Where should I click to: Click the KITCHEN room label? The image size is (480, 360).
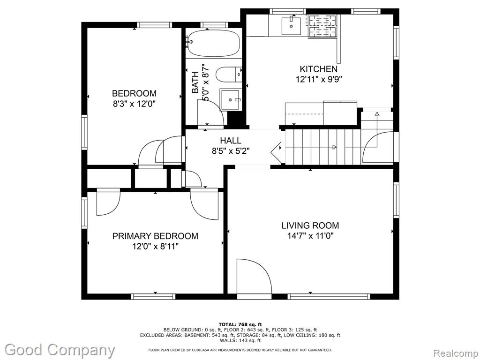point(318,69)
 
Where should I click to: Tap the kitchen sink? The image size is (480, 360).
point(291,26)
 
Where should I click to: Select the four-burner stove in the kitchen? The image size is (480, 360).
point(322,26)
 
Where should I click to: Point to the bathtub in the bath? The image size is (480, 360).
point(213,43)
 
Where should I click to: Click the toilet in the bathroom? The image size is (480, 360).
point(229,75)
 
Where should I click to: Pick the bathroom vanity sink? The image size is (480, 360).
point(231,100)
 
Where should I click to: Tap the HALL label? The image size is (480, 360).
point(231,141)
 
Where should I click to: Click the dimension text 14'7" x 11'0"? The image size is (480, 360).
point(310,236)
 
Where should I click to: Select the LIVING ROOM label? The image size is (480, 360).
point(310,225)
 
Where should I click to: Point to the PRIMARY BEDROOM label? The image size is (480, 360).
point(155,236)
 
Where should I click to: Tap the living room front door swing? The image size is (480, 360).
point(255,278)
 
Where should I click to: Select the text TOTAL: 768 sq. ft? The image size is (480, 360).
point(240,324)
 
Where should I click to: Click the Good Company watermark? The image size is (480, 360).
point(60,350)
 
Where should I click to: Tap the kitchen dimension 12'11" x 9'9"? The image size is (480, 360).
point(318,79)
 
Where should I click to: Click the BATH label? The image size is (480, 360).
point(195,82)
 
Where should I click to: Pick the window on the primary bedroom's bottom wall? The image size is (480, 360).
point(153,296)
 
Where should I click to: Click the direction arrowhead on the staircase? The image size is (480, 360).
point(334,147)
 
